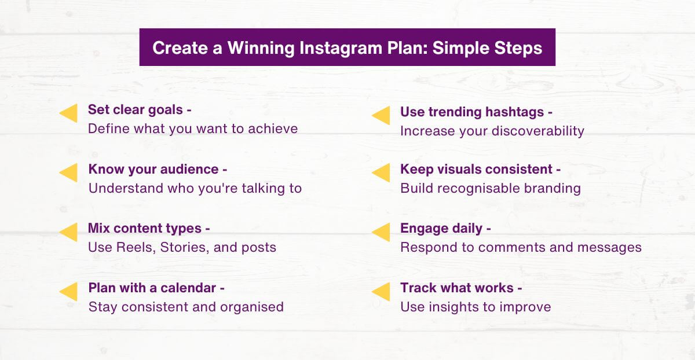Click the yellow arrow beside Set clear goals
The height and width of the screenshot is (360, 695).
tap(69, 113)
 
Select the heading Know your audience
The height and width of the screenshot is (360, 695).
tap(153, 169)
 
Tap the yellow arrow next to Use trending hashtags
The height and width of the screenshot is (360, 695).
tap(381, 115)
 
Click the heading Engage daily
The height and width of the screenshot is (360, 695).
tap(441, 228)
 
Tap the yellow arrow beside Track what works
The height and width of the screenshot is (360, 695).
tap(381, 292)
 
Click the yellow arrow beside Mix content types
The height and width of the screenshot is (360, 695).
tap(69, 232)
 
